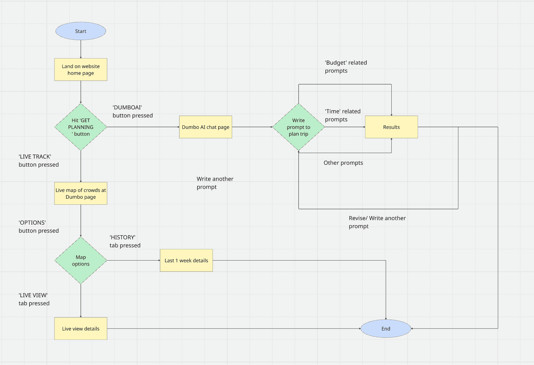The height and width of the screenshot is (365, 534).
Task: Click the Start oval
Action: pos(81,31)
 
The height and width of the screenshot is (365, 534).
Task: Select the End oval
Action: pos(386,329)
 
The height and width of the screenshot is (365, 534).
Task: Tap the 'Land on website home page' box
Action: pos(81,70)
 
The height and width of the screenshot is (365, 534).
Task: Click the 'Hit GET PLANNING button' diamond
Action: pos(81,127)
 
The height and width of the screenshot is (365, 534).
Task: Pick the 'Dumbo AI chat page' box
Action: pos(206,127)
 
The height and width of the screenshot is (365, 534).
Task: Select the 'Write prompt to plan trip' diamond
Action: pos(298,127)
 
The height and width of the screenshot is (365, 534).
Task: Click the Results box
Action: pos(391,127)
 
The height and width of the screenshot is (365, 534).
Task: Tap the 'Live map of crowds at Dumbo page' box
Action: pos(81,193)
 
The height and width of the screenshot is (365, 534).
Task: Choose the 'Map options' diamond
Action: pos(81,261)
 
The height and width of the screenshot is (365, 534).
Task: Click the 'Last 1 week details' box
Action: pos(186,261)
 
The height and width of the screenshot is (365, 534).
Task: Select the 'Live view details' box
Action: pos(81,329)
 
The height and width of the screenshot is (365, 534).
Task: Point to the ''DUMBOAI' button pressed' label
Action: pos(133,111)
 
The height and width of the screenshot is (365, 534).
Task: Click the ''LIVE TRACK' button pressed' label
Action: pos(39,160)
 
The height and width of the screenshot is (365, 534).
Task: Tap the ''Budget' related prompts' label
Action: pos(346,67)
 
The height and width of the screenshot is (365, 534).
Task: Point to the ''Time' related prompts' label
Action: pos(343,115)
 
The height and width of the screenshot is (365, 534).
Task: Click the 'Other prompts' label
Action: pos(343,163)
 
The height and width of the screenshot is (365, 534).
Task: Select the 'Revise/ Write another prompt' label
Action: pos(377,222)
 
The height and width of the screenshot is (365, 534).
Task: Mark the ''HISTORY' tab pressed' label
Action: pos(125,241)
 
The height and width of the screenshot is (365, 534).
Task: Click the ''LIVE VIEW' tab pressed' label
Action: pos(34,299)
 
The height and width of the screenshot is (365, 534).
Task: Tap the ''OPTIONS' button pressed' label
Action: pos(39,227)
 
